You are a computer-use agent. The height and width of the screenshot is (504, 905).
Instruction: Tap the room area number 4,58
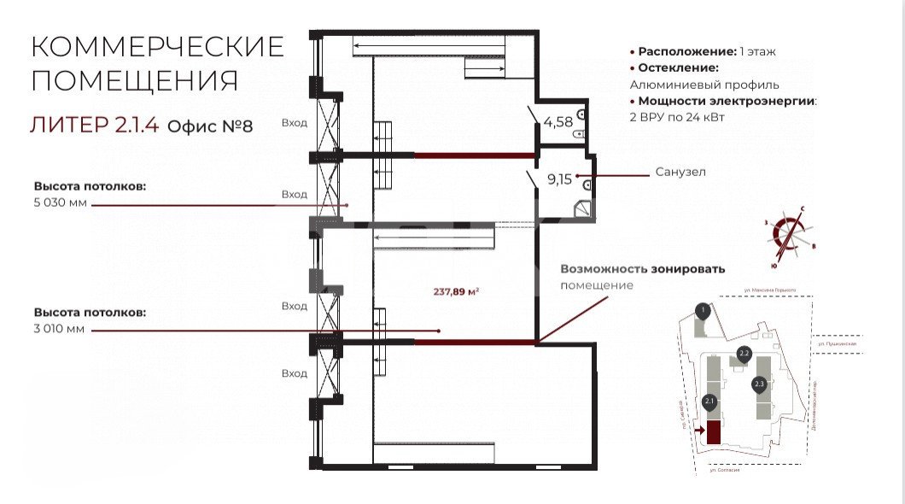pos(558,121)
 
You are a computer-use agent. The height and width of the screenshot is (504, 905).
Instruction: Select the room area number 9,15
pos(560,179)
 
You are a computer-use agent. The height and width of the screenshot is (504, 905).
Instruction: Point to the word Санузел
pos(680,172)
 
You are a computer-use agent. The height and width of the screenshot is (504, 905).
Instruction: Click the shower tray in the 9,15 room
pos(583,208)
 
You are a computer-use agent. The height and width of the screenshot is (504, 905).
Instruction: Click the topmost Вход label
pos(295,123)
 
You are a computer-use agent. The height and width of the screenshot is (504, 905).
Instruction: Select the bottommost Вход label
pos(295,373)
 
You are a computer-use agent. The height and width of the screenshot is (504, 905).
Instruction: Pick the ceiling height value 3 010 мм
pos(60,330)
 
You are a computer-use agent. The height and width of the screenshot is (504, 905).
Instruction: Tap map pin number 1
pos(702,311)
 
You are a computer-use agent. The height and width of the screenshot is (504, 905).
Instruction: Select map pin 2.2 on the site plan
pos(744,353)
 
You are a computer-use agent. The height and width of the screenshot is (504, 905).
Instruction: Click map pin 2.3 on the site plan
pos(759,384)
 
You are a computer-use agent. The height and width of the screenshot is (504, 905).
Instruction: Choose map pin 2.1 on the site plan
pos(709,401)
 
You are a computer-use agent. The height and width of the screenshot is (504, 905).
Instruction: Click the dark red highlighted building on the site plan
pos(713,432)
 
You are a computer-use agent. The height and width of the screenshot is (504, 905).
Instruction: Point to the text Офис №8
pos(210,126)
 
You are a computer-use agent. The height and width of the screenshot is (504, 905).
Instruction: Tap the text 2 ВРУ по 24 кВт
pos(677,117)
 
